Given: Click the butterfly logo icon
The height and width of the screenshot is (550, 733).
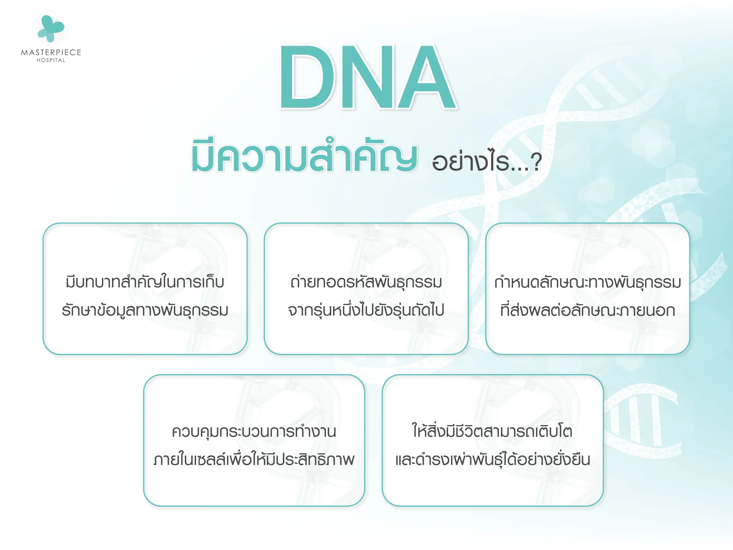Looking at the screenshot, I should click(51, 29).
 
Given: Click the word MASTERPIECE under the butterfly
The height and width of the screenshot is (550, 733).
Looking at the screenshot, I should click(51, 52).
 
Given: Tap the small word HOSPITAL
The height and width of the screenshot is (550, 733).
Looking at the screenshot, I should click(51, 60).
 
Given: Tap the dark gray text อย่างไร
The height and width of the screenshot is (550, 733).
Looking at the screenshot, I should click(470, 162).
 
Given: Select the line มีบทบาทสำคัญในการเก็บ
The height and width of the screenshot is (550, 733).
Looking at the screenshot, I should click(145, 282).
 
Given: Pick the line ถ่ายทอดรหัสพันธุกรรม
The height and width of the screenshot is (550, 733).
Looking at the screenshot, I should click(366, 282).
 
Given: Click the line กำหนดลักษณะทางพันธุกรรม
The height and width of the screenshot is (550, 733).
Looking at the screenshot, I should click(588, 282).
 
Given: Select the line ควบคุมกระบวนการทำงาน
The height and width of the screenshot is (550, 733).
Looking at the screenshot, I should click(254, 432).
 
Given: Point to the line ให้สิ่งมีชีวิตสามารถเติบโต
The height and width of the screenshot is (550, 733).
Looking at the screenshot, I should click(492, 432).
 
